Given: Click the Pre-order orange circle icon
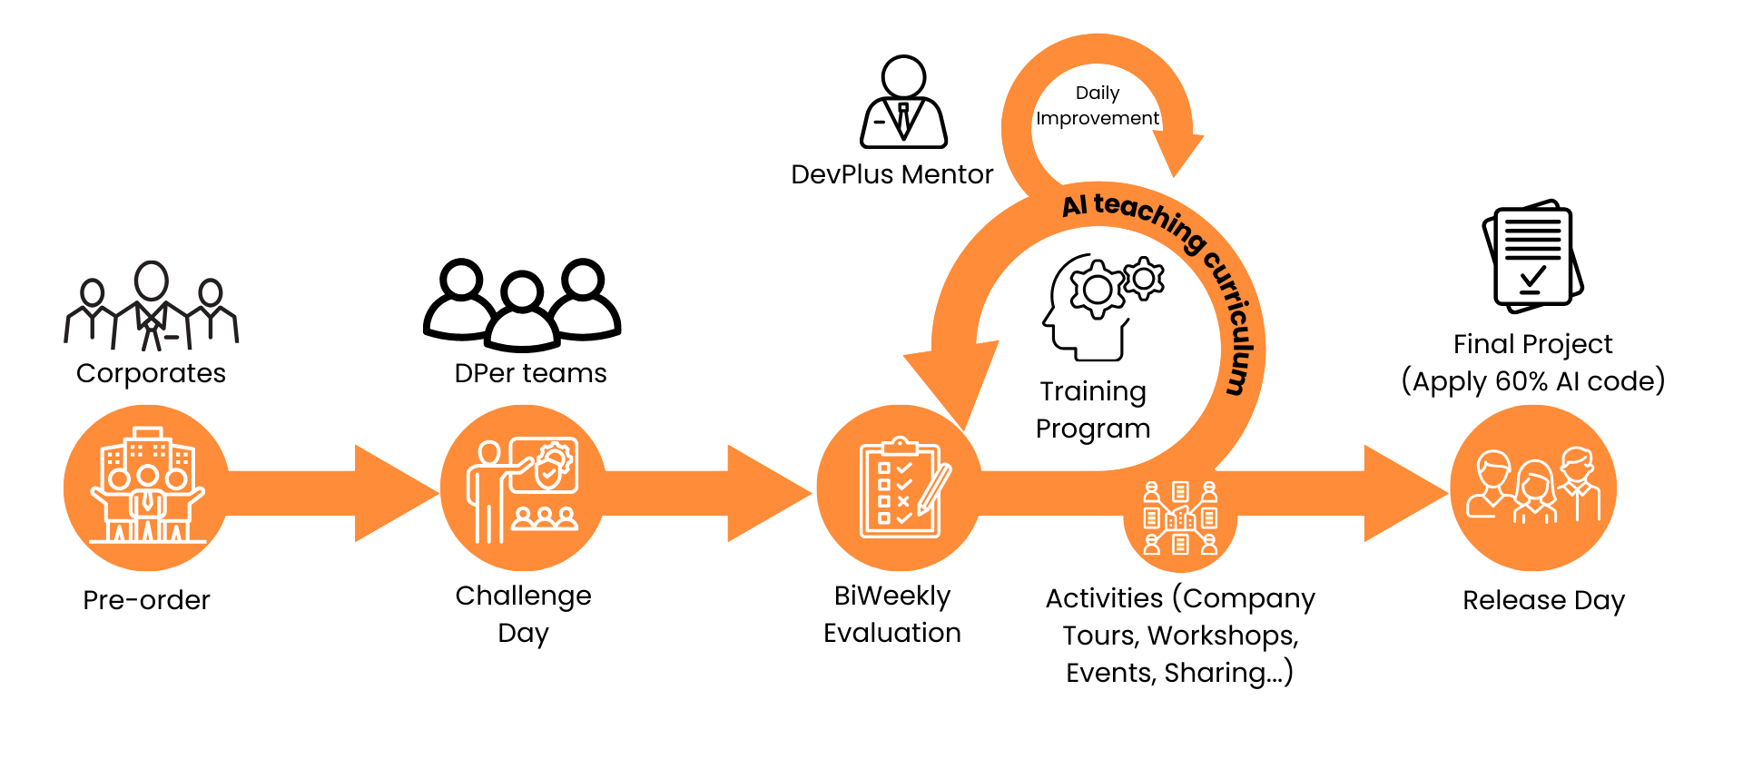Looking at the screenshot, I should [146, 488].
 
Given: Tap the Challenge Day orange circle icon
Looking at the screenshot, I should [523, 488].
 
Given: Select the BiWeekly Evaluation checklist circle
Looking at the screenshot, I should [900, 488].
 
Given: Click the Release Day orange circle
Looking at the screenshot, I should [1533, 488].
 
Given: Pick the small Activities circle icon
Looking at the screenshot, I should [1180, 518].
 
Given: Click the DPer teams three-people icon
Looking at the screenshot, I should [522, 305].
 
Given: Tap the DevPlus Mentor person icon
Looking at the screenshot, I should [903, 103].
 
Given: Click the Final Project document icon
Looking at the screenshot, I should [1532, 257].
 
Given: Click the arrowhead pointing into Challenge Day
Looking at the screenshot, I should [396, 493].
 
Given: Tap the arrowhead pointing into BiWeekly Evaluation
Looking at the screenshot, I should [768, 493].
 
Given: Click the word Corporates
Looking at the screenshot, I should [151, 373].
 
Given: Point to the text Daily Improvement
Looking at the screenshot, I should [1097, 105].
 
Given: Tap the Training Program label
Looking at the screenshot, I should [1093, 409].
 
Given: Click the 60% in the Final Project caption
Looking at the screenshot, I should [1521, 381].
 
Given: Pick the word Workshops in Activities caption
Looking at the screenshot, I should [1221, 636].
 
